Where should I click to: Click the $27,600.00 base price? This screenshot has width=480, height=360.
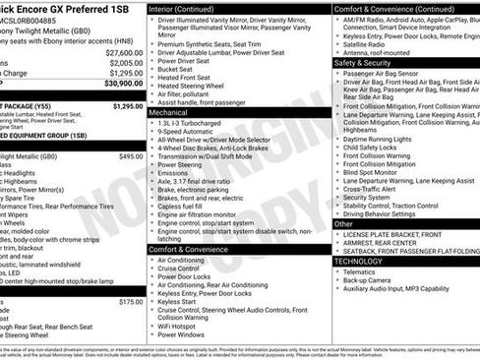pos(124,52)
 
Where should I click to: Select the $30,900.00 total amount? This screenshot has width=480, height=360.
pos(124,85)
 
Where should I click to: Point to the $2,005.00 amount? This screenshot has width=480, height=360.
pos(126,62)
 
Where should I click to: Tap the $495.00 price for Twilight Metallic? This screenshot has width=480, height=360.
pos(131,156)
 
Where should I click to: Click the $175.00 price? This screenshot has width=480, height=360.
pos(131,302)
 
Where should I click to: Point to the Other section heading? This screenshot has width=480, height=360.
pos(344,224)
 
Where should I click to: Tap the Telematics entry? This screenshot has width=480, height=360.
pos(365,273)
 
